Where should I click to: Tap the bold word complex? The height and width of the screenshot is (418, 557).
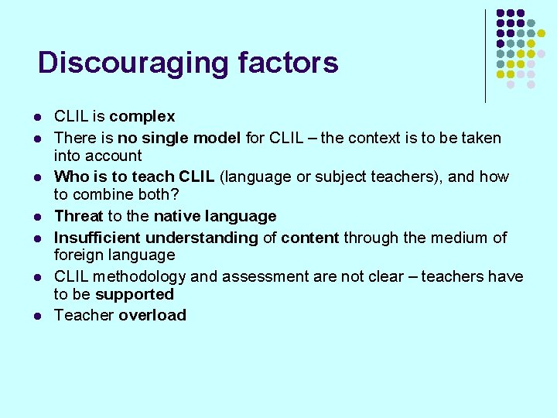tap(142, 117)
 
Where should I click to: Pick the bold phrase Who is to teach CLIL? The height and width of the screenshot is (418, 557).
tap(135, 176)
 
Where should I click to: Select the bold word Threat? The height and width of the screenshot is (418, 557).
tap(78, 216)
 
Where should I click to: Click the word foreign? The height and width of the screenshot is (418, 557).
tap(80, 255)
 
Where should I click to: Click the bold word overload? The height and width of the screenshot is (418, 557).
tap(152, 315)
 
